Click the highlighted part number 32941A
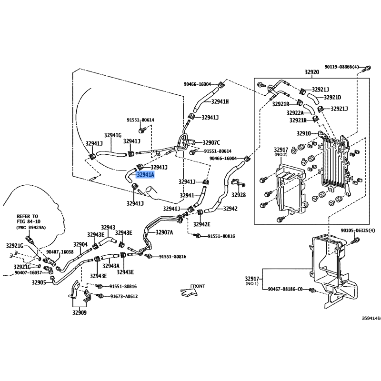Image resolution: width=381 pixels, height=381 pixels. click(145, 175)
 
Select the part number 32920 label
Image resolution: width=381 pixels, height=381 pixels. click(311, 72)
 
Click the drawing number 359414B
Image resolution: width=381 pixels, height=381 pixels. click(370, 318)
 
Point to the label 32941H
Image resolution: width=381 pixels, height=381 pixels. click(220, 101)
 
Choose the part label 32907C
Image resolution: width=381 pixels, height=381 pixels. click(211, 142)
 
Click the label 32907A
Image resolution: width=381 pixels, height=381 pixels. click(164, 232)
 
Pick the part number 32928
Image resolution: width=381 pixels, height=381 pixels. click(239, 195)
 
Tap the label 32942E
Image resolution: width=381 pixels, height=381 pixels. click(202, 224)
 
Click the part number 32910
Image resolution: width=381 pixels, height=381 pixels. click(303, 133)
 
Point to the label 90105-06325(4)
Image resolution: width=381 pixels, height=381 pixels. click(358, 231)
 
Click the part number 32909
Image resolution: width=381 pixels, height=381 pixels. click(80, 313)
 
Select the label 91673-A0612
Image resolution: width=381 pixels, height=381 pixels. click(124, 296)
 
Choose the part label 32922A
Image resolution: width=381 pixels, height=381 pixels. click(295, 113)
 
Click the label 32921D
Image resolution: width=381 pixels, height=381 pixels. click(332, 97)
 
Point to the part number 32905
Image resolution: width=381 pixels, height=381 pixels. click(39, 282)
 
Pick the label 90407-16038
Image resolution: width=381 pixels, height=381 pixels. click(60, 252)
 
